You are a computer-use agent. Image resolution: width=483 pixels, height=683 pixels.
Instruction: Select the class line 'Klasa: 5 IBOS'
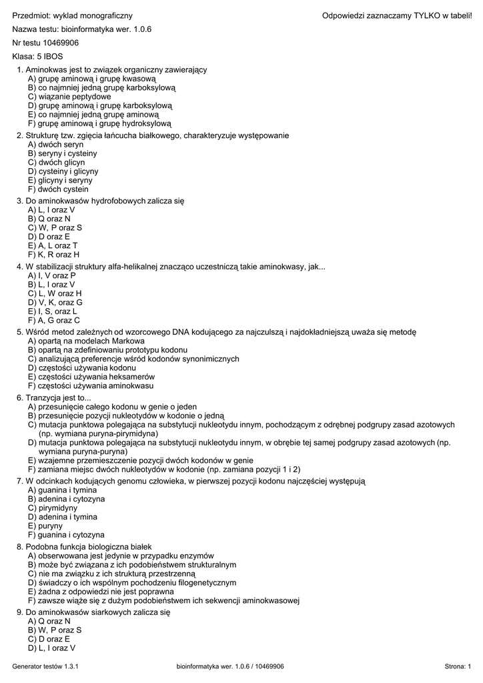coord(36,56)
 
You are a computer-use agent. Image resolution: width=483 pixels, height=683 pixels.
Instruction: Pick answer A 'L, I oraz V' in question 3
coord(51,209)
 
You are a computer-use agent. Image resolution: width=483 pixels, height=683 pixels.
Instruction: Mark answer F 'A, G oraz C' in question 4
coord(54,319)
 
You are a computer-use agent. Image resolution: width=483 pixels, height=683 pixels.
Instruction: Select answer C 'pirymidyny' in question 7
coord(49,508)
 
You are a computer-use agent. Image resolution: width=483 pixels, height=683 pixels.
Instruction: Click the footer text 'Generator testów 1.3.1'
coord(45,666)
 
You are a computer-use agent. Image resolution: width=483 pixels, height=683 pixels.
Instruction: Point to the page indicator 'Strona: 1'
coord(457,666)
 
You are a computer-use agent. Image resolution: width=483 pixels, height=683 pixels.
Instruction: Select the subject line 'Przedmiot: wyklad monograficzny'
coord(72,15)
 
